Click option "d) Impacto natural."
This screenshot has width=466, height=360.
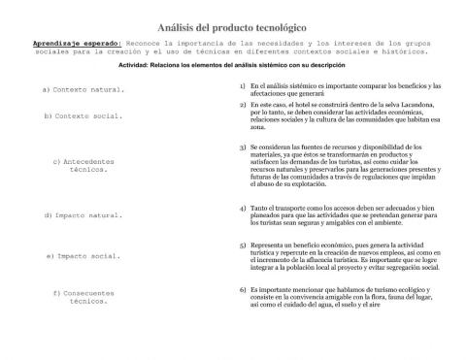click(83, 214)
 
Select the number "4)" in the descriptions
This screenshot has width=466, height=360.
click(241, 208)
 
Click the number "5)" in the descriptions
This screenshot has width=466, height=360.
click(241, 245)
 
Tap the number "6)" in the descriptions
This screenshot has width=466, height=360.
click(241, 289)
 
